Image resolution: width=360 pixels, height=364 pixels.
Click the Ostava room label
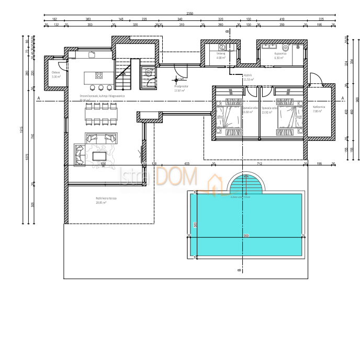56,73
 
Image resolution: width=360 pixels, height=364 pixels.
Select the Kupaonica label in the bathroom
280,53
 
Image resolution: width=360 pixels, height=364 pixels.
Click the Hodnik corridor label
248,75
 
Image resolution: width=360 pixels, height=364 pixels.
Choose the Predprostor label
181,86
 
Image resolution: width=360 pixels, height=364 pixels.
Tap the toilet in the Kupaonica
298,46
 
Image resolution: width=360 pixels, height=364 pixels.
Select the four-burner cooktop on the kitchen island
97,78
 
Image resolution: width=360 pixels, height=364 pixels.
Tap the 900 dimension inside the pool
245,236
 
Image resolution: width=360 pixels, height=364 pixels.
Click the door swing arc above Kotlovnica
316,80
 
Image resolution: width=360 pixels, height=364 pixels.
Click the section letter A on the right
342,98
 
